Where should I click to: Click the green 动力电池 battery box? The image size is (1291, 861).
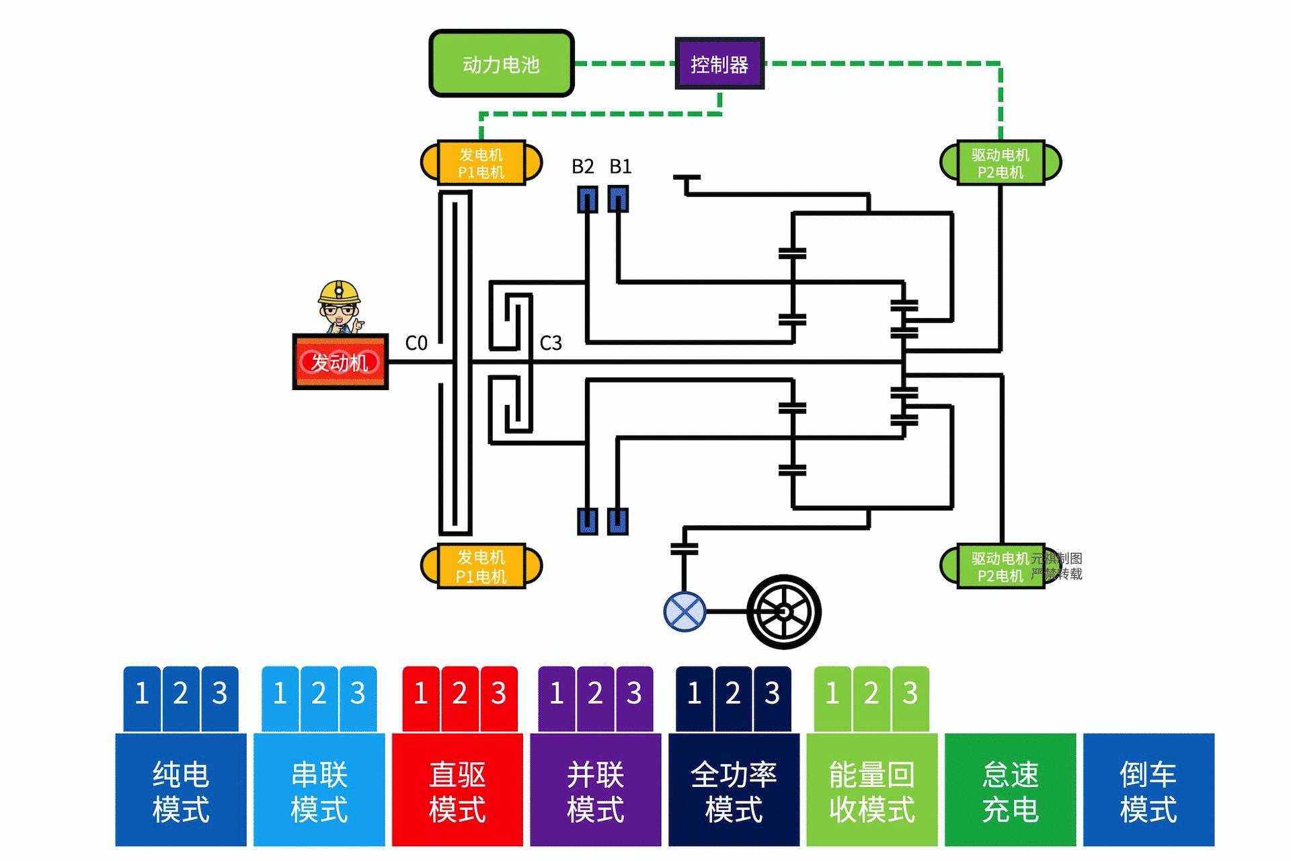click(x=501, y=64)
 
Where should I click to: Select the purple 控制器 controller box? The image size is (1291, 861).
click(x=719, y=64)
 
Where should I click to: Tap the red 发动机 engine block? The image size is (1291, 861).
click(x=340, y=362)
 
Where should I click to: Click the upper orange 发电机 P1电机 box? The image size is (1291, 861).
click(x=481, y=163)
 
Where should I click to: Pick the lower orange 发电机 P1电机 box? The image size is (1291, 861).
click(x=481, y=566)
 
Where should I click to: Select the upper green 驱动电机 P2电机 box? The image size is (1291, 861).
click(x=1000, y=163)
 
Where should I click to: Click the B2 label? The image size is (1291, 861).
click(x=582, y=166)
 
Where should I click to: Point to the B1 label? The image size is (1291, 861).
click(x=620, y=166)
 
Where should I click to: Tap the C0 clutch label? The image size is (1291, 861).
click(x=416, y=343)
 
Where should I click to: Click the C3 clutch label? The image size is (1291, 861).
click(x=551, y=343)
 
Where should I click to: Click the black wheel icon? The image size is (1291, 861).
click(x=784, y=611)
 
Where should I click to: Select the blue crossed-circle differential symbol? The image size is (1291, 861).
click(x=684, y=611)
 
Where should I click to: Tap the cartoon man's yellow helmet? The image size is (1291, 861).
click(x=339, y=292)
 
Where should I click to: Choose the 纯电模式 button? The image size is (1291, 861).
click(x=180, y=790)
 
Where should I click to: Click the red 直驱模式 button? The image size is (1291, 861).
click(x=457, y=790)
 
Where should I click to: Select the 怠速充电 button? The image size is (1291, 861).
click(x=1010, y=790)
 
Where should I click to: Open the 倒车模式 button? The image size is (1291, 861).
click(x=1148, y=790)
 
